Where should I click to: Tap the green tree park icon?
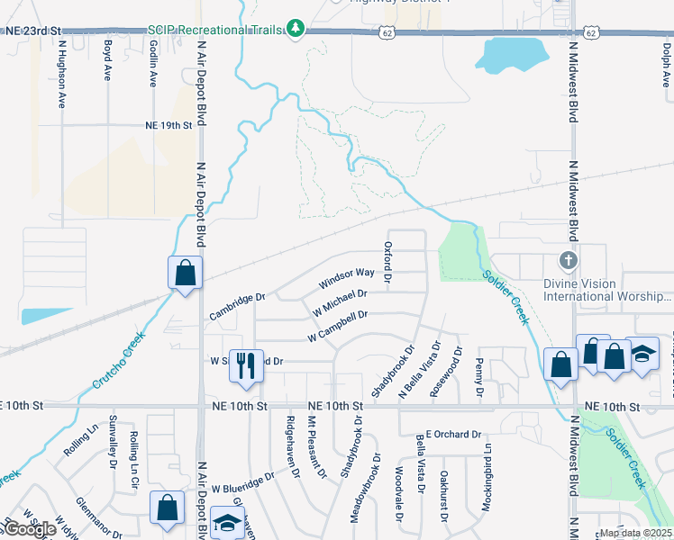click(296, 29)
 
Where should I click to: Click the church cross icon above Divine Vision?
click(567, 259)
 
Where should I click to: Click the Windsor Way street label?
click(347, 278)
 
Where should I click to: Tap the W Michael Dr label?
click(340, 301)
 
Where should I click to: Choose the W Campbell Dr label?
click(338, 326)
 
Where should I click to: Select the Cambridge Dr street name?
click(238, 306)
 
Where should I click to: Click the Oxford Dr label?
click(388, 262)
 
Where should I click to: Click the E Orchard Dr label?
click(453, 434)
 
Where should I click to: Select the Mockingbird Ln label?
click(487, 486)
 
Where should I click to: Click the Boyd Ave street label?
click(107, 60)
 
